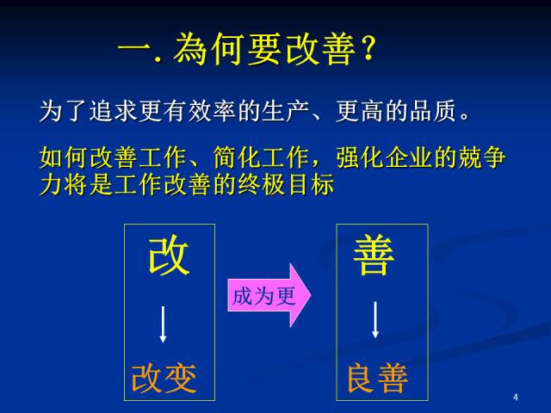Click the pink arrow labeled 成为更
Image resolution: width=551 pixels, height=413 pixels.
click(x=269, y=295)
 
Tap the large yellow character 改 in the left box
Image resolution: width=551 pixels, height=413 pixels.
click(x=169, y=255)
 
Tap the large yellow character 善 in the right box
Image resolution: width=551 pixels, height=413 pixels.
click(x=374, y=255)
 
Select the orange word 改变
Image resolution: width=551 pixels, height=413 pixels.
click(x=164, y=379)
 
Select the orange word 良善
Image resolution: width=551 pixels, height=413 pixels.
click(x=377, y=379)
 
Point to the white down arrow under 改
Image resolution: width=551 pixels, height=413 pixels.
click(x=163, y=324)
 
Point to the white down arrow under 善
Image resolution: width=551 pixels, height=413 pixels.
click(x=375, y=319)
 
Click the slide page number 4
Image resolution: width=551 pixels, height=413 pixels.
click(x=516, y=398)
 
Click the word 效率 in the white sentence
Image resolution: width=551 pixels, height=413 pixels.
click(x=212, y=111)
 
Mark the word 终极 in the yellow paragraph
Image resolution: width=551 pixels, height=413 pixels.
click(x=262, y=184)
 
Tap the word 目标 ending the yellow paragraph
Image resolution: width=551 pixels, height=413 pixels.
click(x=311, y=184)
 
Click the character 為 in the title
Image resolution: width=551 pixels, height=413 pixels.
click(x=190, y=48)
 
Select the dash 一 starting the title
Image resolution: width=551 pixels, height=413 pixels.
click(x=135, y=48)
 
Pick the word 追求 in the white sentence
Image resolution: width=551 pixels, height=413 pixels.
click(x=113, y=111)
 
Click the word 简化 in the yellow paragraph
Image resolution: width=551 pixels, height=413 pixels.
click(x=237, y=157)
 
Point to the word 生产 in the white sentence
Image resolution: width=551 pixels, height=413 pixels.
click(x=286, y=111)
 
